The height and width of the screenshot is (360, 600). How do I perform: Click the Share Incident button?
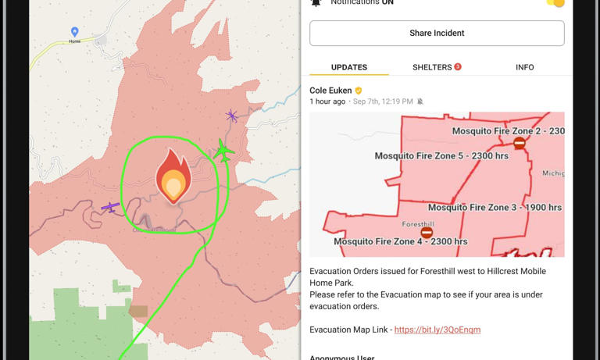click(x=437, y=34)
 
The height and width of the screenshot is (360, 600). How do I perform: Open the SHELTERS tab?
click(x=432, y=67)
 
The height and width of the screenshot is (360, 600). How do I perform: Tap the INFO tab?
click(x=524, y=67)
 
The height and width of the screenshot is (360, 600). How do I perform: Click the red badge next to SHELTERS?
click(x=458, y=67)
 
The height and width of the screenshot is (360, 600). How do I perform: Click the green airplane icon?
click(x=224, y=150)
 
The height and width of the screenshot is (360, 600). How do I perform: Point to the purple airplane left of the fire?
click(x=110, y=207)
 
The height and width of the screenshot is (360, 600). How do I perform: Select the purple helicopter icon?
click(x=231, y=116)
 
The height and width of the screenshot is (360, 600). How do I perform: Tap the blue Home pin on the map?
click(x=75, y=32)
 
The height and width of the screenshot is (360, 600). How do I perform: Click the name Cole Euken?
click(x=330, y=91)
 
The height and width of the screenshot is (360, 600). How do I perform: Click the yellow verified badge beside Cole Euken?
click(x=359, y=91)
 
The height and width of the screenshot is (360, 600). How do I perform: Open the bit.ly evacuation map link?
click(x=437, y=330)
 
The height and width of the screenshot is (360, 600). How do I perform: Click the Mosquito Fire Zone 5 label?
click(x=441, y=156)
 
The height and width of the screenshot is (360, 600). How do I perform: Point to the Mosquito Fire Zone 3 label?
click(x=495, y=208)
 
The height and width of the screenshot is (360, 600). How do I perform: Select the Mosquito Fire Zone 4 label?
click(x=401, y=242)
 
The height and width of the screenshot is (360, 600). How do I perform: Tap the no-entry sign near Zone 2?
click(x=520, y=144)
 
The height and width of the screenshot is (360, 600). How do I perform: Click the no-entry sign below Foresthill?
click(x=427, y=233)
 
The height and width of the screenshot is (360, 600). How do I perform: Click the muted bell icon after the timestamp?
click(x=420, y=102)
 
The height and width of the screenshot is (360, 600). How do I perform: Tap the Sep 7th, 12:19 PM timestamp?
click(x=383, y=102)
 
